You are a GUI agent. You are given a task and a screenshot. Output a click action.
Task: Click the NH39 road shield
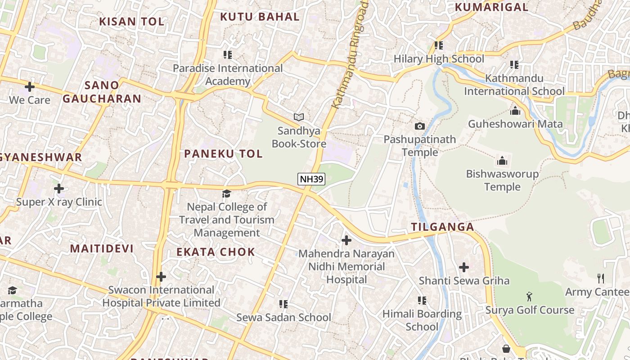coord(311,179)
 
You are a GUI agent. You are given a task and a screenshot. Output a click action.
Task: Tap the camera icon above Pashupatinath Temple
coord(420,126)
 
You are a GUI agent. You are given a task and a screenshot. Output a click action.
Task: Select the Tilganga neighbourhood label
coord(443,227)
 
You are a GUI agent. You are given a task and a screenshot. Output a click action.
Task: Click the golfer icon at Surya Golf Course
coord(529,297)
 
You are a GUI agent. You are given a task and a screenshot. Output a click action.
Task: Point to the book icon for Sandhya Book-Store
coord(299,117)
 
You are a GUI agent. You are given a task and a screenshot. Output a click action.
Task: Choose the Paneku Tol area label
coord(223,153)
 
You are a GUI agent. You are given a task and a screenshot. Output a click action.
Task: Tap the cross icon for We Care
coord(30,86)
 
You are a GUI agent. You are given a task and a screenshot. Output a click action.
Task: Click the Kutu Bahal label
coord(260,17)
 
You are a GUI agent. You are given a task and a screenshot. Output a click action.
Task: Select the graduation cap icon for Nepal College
coord(226,193)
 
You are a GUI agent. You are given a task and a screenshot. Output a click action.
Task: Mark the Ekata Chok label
coord(216,252)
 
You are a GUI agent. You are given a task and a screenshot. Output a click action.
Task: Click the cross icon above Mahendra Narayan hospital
coord(346,240)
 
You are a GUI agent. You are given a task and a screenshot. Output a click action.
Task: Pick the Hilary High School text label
coord(439,59)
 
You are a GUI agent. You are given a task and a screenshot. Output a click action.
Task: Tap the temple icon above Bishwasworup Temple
coord(502,161)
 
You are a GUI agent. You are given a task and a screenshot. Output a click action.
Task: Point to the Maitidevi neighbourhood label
coord(102,248)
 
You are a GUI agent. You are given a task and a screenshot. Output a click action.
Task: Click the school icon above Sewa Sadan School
coord(283,304)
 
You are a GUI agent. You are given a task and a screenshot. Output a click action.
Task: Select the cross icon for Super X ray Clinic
coord(59,189)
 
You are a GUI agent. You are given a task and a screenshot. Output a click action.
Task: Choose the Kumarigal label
coord(491,7)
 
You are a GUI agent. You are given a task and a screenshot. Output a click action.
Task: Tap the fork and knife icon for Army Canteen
coord(600,279)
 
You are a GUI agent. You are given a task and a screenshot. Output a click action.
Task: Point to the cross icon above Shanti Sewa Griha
coord(464,267)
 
